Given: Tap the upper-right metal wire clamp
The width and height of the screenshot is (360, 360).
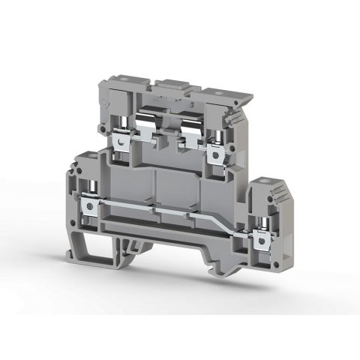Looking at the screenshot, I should point(218,152).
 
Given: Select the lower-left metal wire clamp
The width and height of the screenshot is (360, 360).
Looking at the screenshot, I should point(91,203).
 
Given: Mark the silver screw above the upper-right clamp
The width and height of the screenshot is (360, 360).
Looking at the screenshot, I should point(220,133).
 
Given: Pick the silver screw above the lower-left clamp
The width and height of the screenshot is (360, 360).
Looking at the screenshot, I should point(91,184).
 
